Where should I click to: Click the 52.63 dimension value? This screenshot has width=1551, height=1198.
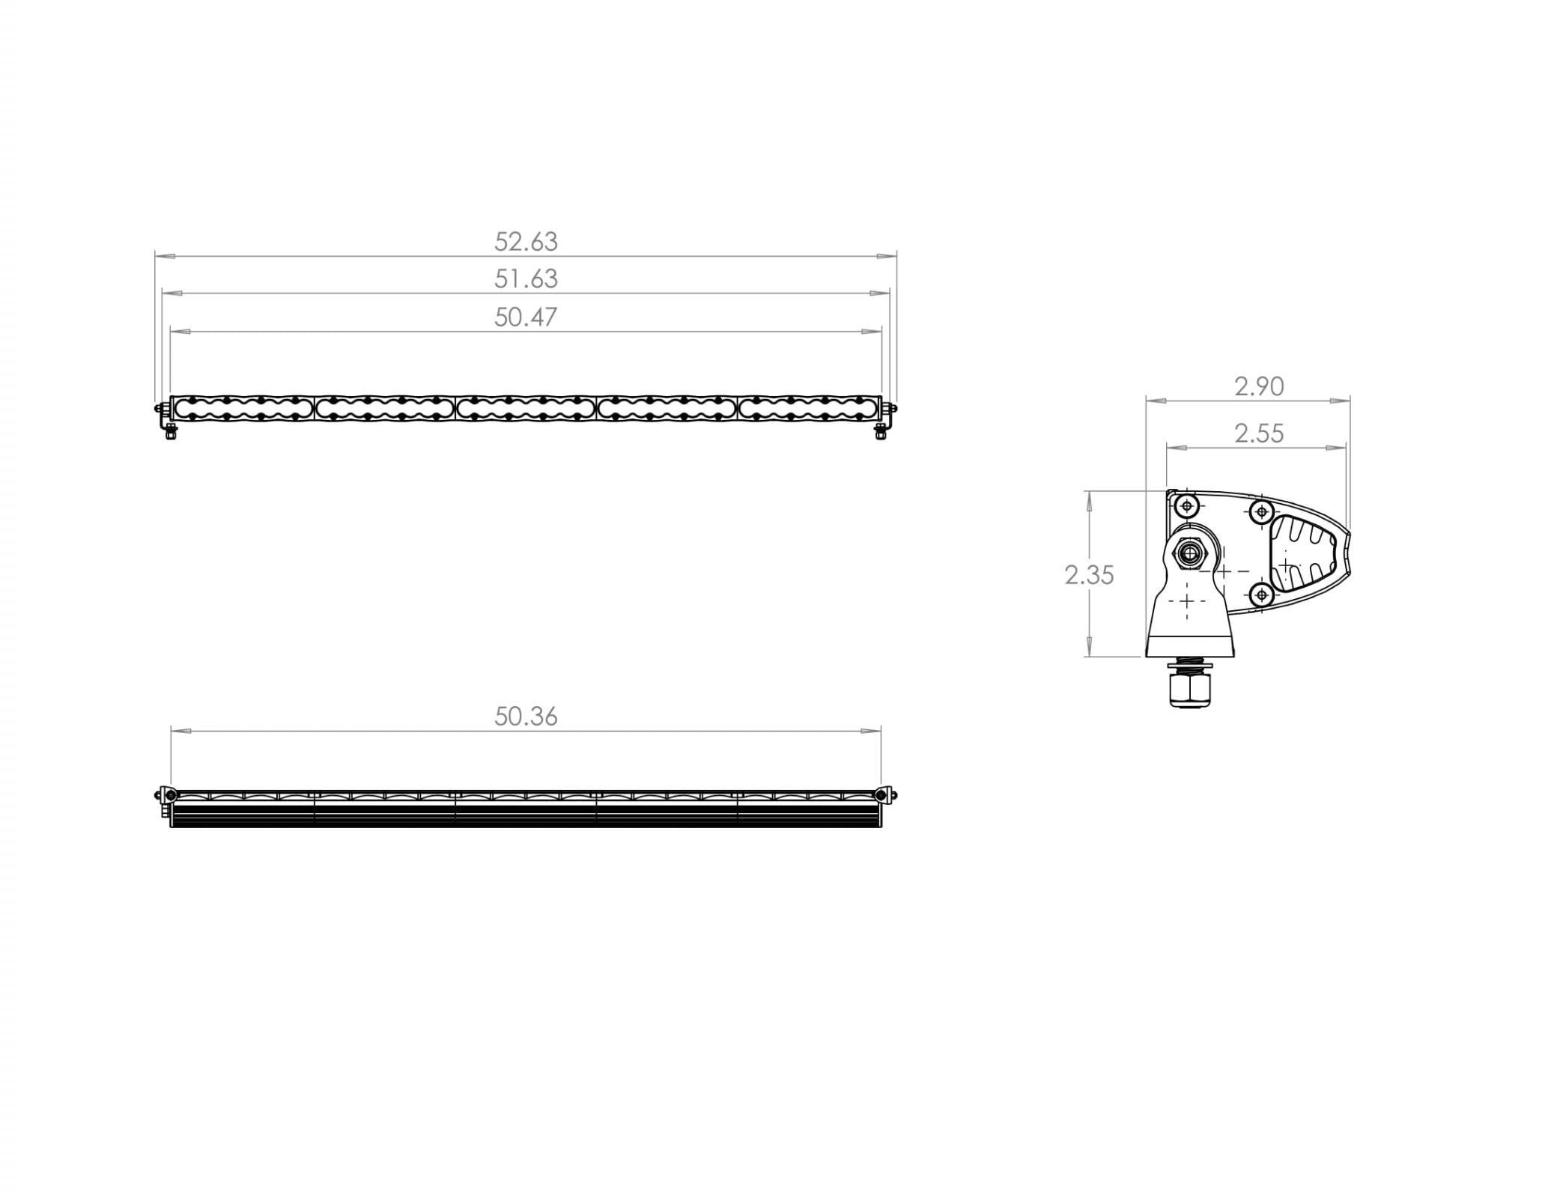[x=526, y=242]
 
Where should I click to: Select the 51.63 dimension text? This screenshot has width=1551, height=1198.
[x=526, y=279]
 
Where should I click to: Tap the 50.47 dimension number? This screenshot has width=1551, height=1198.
[x=526, y=317]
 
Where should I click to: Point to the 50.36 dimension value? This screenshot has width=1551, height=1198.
[x=526, y=717]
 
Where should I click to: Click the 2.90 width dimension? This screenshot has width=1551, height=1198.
[x=1259, y=386]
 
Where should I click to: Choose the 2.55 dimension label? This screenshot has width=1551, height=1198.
[x=1259, y=434]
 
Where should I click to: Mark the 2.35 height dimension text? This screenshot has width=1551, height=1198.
[x=1089, y=575]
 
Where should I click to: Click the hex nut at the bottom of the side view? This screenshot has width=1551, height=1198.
[x=1188, y=689]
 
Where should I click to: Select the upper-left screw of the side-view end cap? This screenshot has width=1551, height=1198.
[x=1187, y=507]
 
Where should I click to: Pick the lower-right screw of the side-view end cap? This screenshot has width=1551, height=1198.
[x=1262, y=595]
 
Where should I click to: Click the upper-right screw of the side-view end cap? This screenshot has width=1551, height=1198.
[x=1262, y=512]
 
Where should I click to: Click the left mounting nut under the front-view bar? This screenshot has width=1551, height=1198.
[x=172, y=432]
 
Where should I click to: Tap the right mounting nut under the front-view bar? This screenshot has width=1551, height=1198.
[x=881, y=432]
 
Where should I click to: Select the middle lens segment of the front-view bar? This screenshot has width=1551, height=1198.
[x=526, y=408]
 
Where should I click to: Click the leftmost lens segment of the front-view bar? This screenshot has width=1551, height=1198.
[x=243, y=408]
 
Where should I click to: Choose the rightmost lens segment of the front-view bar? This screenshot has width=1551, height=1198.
[x=809, y=408]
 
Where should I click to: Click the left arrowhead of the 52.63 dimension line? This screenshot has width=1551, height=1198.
[x=165, y=256]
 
